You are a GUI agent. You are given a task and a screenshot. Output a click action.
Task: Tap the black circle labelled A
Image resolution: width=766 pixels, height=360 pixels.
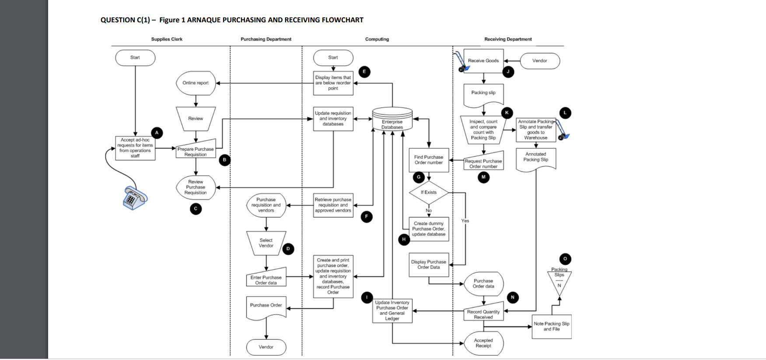pos(157,133)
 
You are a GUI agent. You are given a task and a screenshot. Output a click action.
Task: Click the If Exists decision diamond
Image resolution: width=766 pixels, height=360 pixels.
pos(429,192)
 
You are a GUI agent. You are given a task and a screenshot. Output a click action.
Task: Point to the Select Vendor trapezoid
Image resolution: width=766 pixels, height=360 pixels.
pos(266,243)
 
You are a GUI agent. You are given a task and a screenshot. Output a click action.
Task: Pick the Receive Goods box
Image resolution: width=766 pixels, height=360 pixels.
pos(483,61)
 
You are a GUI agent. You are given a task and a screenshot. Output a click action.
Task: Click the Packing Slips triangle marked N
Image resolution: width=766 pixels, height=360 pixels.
pos(559,282)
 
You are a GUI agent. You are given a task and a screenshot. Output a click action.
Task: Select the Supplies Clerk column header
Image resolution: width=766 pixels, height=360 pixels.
pos(167,39)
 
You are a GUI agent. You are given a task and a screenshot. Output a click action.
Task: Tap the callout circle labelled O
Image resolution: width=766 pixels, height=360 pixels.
pos(565,259)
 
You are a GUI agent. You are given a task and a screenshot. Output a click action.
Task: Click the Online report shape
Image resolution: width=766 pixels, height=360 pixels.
pos(196,83)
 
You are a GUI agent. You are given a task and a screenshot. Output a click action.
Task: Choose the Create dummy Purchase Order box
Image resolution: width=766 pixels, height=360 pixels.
pos(429,229)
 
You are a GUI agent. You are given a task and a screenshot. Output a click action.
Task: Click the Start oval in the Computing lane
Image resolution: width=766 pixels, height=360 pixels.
pos(333,58)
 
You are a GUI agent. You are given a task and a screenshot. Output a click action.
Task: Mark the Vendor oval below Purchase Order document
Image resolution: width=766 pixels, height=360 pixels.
pos(266,347)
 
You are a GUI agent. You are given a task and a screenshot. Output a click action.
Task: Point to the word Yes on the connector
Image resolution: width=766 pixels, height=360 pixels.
pos(465,221)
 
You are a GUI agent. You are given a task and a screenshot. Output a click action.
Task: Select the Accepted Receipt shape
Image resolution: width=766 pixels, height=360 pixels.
pos(483,343)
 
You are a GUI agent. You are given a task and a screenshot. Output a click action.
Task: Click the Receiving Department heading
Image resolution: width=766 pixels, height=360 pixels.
pos(508,39)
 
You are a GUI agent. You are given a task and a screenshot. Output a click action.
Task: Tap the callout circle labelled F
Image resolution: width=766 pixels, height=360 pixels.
pos(367,217)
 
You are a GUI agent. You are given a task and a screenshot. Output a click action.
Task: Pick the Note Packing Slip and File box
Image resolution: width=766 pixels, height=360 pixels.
pos(551,326)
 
